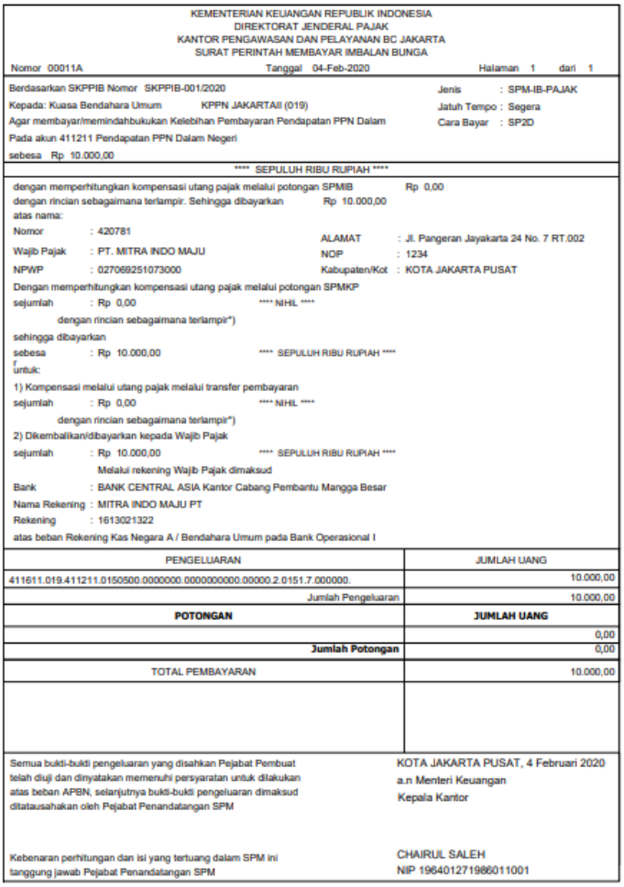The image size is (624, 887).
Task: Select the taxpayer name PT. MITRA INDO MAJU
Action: [151, 251]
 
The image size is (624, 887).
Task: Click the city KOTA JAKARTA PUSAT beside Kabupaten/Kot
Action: [463, 269]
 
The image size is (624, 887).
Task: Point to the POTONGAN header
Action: [204, 617]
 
